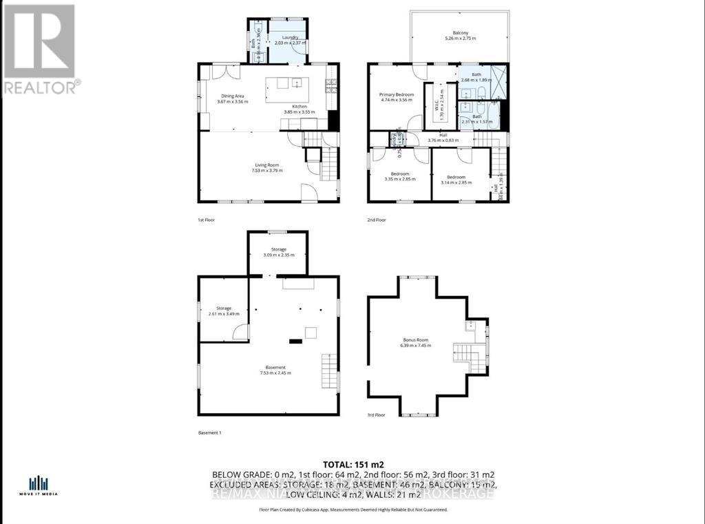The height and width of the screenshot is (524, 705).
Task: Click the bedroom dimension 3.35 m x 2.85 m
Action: click(x=400, y=179)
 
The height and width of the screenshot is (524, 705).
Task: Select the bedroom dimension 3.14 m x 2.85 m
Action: click(x=460, y=179)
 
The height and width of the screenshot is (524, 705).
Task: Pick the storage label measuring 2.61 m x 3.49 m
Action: click(x=223, y=311)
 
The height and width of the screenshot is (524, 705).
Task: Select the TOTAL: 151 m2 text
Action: click(x=352, y=463)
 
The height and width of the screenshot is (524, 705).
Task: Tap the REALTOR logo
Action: click(x=40, y=48)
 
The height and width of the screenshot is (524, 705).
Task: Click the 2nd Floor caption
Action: click(x=377, y=220)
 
